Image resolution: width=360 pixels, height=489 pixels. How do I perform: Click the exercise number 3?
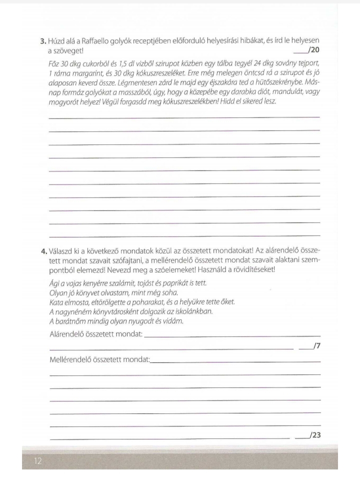43,41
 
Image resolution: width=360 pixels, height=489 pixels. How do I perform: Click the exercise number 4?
43,250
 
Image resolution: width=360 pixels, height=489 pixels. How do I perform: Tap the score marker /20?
314,50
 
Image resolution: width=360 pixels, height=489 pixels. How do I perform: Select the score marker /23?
315,435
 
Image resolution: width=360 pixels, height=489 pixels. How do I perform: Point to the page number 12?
38,461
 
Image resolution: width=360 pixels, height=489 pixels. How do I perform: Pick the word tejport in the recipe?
306,63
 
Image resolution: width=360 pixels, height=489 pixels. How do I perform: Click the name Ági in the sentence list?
54,283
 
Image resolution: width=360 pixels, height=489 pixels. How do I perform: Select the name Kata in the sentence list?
57,302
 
